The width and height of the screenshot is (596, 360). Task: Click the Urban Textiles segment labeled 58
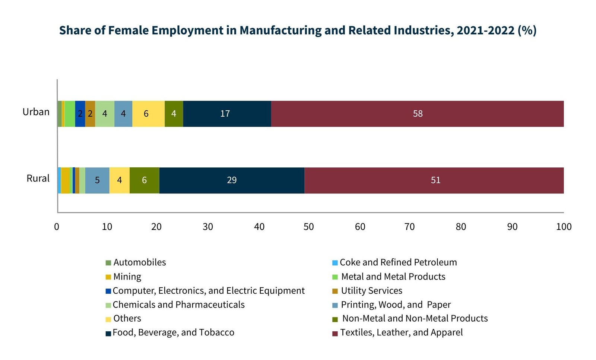coord(417,114)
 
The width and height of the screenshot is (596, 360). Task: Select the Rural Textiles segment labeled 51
coord(435,180)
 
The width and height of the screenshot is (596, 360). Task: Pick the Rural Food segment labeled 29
coord(232,180)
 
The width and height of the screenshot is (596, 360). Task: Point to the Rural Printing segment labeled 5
coord(97,180)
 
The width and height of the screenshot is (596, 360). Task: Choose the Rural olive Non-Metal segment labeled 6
coord(144,180)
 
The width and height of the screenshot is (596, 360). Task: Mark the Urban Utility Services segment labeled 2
coord(90,114)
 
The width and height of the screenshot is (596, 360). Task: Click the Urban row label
coord(36,112)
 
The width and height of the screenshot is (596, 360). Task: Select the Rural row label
coord(38,179)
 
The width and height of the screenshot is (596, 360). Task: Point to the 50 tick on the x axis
coord(308,227)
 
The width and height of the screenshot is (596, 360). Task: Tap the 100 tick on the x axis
coord(563,227)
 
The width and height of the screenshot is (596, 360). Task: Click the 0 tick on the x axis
coord(57,227)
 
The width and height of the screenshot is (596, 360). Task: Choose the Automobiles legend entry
coord(139,262)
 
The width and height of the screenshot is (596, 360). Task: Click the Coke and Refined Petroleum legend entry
coord(397,262)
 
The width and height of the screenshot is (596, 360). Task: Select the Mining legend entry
coord(127,277)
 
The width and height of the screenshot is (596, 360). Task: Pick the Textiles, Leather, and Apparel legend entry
coord(401,332)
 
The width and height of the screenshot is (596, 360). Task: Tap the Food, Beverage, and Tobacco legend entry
coord(173,332)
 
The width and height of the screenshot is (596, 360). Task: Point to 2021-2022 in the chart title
coord(485,30)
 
